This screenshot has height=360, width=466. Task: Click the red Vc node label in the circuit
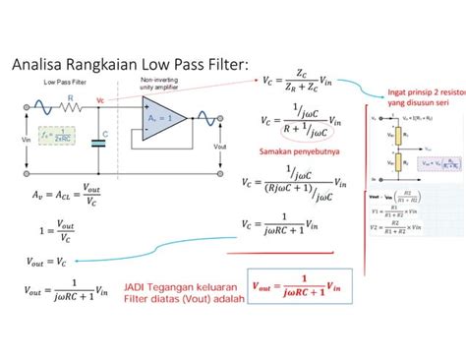click(100, 100)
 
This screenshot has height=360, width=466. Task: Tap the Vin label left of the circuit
click(26, 141)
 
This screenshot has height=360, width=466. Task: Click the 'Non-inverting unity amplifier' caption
click(158, 87)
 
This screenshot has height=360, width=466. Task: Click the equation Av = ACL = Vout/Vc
click(60, 197)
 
